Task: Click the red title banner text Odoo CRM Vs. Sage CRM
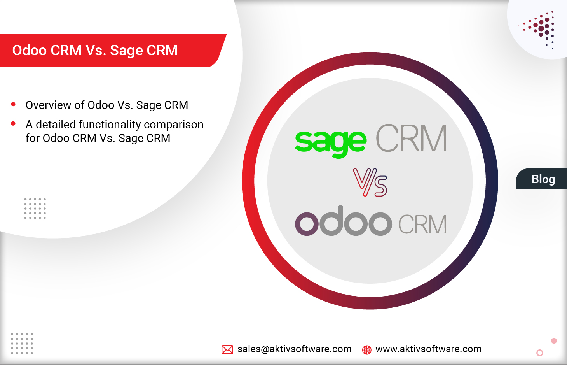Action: pyautogui.click(x=95, y=50)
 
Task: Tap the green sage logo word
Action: pyautogui.click(x=330, y=141)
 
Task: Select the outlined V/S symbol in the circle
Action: pyautogui.click(x=370, y=182)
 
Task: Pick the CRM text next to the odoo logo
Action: pyautogui.click(x=422, y=224)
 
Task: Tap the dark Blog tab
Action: pyautogui.click(x=543, y=179)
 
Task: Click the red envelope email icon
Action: pyautogui.click(x=227, y=349)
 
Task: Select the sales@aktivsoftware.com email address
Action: pyautogui.click(x=294, y=349)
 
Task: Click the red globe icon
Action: pyautogui.click(x=366, y=350)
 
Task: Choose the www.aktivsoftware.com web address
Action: pyautogui.click(x=428, y=349)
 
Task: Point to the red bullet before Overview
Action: pyautogui.click(x=13, y=104)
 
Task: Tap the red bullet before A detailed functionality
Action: pyautogui.click(x=13, y=124)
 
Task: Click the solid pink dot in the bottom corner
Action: pyautogui.click(x=554, y=341)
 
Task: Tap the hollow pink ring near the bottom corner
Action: pyautogui.click(x=539, y=353)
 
